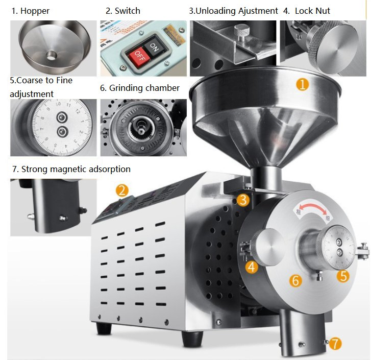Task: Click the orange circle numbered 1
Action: (x=303, y=84)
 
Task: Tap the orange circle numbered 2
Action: (x=121, y=191)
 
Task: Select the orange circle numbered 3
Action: (x=243, y=200)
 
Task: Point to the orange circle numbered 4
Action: (x=251, y=267)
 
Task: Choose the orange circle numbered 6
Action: (x=295, y=280)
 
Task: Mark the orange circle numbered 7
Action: (x=335, y=344)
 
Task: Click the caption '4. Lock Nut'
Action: (x=306, y=10)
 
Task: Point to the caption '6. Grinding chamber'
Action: (x=140, y=88)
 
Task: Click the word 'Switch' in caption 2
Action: (x=128, y=10)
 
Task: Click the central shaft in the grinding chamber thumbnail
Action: (x=141, y=125)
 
